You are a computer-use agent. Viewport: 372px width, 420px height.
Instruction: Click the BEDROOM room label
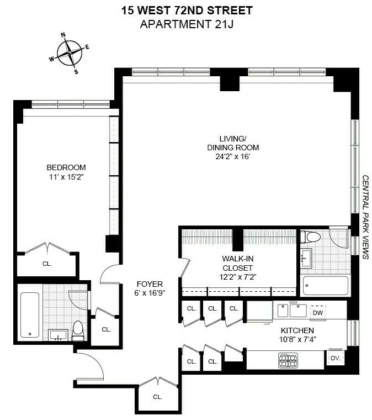point(66,167)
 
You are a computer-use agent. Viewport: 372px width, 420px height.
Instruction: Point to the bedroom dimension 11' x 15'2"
point(66,177)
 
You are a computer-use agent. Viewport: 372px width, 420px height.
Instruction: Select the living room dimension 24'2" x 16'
point(232,157)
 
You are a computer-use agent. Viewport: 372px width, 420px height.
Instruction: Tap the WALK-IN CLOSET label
point(238,262)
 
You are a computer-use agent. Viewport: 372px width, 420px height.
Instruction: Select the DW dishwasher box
point(317,312)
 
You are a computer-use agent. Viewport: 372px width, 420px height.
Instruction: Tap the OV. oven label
point(334,358)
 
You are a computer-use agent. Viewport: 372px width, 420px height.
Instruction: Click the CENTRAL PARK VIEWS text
point(365,217)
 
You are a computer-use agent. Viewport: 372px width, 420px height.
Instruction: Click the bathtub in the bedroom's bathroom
point(30,314)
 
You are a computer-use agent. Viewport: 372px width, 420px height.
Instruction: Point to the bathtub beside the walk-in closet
point(326,286)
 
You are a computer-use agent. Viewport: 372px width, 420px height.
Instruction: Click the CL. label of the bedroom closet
point(47,264)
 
